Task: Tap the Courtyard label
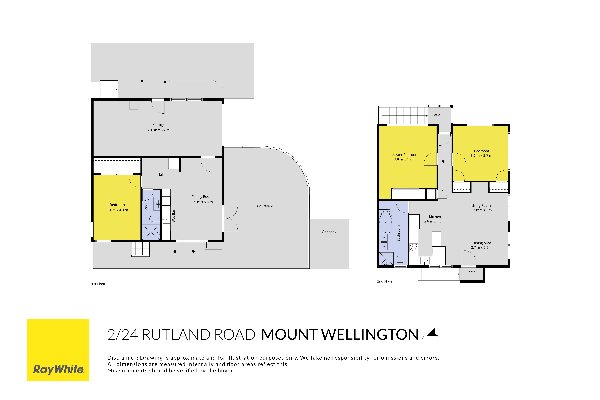[x=265, y=206]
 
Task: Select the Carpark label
[x=329, y=232]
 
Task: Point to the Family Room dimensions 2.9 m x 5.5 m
[x=202, y=202]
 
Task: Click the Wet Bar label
[x=173, y=216]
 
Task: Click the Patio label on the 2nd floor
[x=436, y=115]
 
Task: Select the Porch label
[x=471, y=272]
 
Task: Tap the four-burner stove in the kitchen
[x=414, y=247]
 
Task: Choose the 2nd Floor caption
[x=385, y=281]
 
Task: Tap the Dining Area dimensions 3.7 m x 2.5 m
[x=482, y=247]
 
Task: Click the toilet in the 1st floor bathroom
[x=154, y=219]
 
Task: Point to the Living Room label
[x=481, y=206]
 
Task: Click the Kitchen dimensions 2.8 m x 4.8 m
[x=435, y=221]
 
